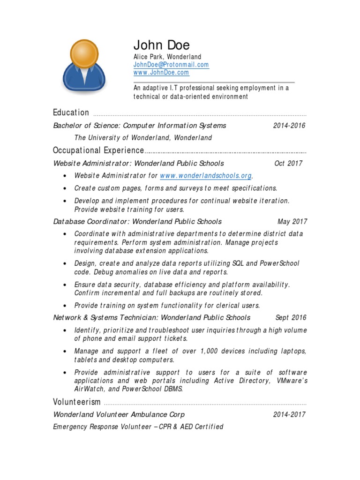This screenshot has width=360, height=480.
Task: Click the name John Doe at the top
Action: pos(162,45)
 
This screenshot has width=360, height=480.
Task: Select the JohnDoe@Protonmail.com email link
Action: pos(171,65)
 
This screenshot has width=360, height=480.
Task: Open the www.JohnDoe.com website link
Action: pos(161,73)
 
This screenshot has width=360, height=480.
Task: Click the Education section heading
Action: pos(71,112)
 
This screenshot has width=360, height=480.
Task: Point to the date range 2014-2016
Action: pos(289,126)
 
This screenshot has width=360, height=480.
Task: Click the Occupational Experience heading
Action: pos(98,150)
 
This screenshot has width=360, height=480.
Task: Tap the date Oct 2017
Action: pos(288,164)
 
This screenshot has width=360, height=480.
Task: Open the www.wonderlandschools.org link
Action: pos(206,176)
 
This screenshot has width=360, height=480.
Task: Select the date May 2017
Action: pos(292,222)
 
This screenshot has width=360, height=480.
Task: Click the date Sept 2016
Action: pos(291,318)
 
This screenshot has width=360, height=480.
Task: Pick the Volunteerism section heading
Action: pos(77,402)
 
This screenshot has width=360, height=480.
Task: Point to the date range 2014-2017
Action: pos(289,414)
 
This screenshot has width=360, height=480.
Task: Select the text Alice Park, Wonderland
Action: pos(167,57)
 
